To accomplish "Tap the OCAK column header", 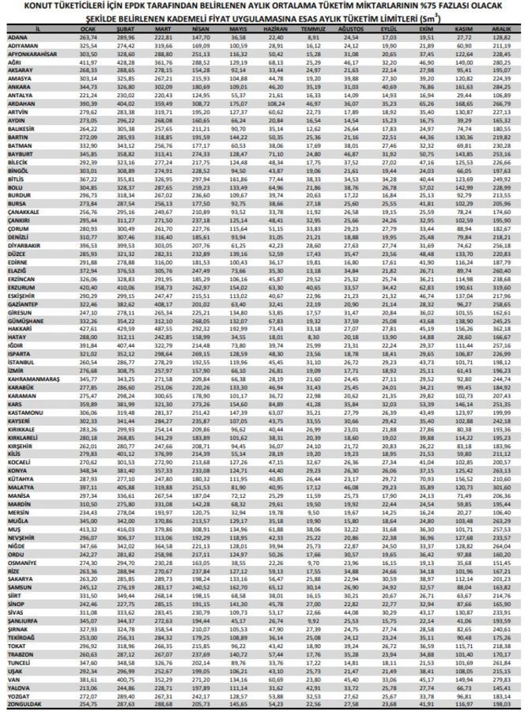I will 88,30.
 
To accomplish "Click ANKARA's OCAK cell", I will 88,88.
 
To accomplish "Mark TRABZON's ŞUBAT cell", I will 126,654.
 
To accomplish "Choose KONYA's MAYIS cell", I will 239,470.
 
